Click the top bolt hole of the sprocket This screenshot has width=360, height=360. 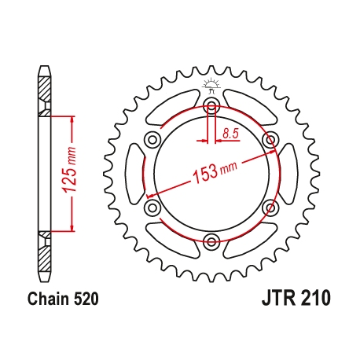coord(210,105)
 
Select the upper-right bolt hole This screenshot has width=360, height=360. coord(271,140)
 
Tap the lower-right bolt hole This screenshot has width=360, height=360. coord(271,208)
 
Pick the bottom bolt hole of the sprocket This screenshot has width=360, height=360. coord(210,242)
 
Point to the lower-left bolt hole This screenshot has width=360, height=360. coord(149,208)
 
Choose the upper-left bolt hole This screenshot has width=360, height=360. coord(149,141)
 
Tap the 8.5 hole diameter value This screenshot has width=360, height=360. coord(230,134)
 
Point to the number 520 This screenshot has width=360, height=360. coord(86,299)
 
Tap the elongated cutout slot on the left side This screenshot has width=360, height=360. coord(133,174)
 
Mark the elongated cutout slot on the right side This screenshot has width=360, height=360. coord(288,174)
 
